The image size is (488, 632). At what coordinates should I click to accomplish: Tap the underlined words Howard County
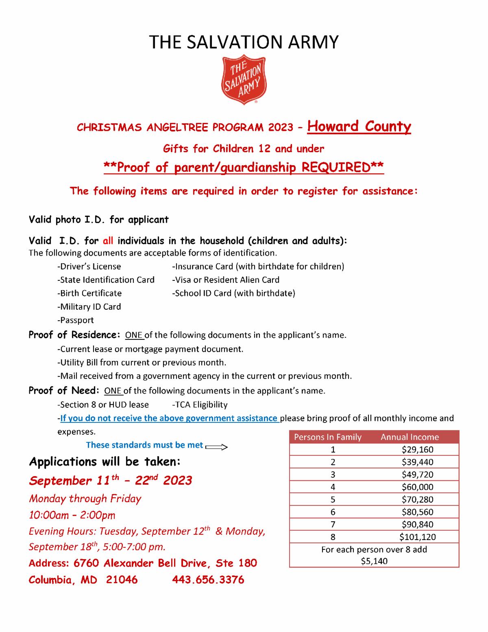pyautogui.click(x=359, y=127)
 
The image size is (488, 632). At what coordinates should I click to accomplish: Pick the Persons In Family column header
pyautogui.click(x=328, y=437)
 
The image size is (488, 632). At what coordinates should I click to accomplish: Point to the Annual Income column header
pyautogui.click(x=410, y=437)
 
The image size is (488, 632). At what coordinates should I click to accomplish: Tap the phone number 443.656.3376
pyautogui.click(x=208, y=580)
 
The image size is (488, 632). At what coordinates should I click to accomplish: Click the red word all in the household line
pyautogui.click(x=108, y=241)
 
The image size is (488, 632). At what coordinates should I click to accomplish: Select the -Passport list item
pyautogui.click(x=76, y=320)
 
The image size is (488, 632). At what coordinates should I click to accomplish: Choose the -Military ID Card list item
pyautogui.click(x=89, y=306)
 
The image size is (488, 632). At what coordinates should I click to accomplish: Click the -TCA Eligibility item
pyautogui.click(x=200, y=405)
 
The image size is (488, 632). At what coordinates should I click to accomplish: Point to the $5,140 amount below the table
pyautogui.click(x=374, y=561)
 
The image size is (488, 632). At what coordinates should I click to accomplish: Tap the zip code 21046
pyautogui.click(x=122, y=580)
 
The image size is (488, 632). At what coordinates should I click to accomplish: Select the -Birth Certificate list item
pyautogui.click(x=89, y=293)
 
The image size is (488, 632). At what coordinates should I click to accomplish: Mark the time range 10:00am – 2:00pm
pyautogui.click(x=72, y=515)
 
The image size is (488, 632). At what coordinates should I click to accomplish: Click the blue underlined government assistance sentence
pyautogui.click(x=169, y=418)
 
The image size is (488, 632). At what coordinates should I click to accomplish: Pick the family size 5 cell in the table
pyautogui.click(x=333, y=499)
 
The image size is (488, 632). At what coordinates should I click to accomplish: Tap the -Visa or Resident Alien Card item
pyautogui.click(x=226, y=280)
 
